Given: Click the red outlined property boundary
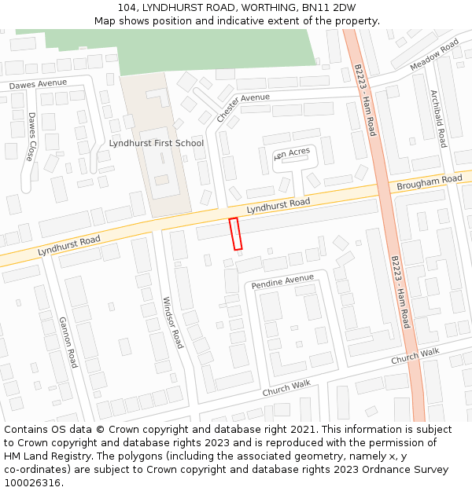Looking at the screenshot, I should (234, 234).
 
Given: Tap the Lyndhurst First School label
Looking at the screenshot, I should (156, 143).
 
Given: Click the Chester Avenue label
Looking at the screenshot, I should (243, 108).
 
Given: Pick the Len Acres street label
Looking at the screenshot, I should (292, 153).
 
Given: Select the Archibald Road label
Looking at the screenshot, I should (438, 118).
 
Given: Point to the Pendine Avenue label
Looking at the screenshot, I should (282, 281).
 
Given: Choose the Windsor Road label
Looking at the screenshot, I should (172, 322).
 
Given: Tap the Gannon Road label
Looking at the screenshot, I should (68, 342).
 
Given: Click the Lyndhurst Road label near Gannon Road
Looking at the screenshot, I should (69, 245).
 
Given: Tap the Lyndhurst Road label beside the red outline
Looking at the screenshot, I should (278, 206).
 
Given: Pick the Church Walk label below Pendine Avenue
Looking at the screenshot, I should (286, 388).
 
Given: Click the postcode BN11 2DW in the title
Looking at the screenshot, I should (326, 8).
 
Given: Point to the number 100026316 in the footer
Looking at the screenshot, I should (34, 482).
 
